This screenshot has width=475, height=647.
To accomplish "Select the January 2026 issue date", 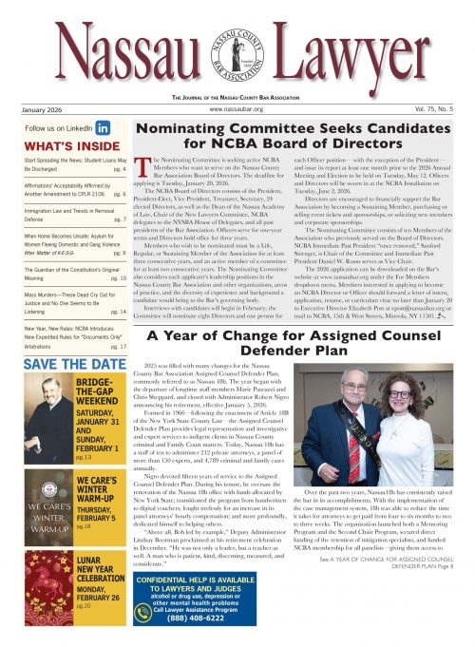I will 41,110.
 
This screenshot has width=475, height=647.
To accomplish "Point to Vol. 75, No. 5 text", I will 434,110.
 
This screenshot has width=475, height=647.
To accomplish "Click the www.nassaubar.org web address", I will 237,110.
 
